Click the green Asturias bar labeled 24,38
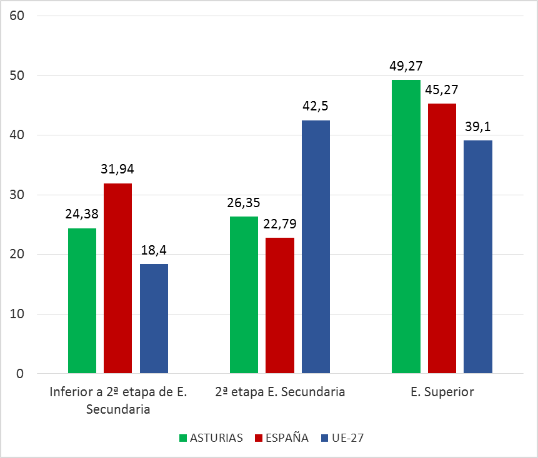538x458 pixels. pos(82,301)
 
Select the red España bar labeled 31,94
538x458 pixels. pos(117,278)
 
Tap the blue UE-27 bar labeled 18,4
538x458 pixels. pos(154,318)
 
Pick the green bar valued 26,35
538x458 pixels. pos(244,295)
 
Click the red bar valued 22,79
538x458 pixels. pos(279,305)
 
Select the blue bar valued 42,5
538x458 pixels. pos(316,246)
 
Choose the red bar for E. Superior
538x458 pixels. pos(442,238)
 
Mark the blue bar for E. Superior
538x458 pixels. pos(478,256)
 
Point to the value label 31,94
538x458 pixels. pos(117,169)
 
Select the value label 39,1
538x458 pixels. pos(478,127)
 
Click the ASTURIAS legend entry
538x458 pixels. pos(211,437)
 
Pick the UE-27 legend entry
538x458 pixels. pos(341,437)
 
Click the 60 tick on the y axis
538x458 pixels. pos(17,16)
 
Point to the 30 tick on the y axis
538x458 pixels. pos(17,195)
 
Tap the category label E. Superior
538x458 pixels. pos(442,392)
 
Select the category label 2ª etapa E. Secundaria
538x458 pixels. pos(279,392)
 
